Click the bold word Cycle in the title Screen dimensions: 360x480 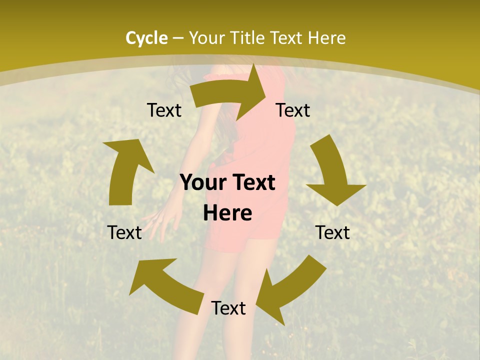(146, 38)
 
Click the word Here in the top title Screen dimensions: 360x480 (327, 38)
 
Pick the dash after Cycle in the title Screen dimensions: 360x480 (178, 38)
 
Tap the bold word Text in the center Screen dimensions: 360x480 (253, 183)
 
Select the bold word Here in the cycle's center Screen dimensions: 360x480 (227, 213)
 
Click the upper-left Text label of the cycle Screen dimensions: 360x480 (164, 110)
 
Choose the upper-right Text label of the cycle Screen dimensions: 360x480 (293, 110)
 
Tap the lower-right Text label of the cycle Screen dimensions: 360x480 (332, 232)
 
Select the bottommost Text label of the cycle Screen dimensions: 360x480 (228, 308)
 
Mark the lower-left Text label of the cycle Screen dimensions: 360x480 (124, 232)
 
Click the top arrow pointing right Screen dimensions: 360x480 (235, 92)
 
